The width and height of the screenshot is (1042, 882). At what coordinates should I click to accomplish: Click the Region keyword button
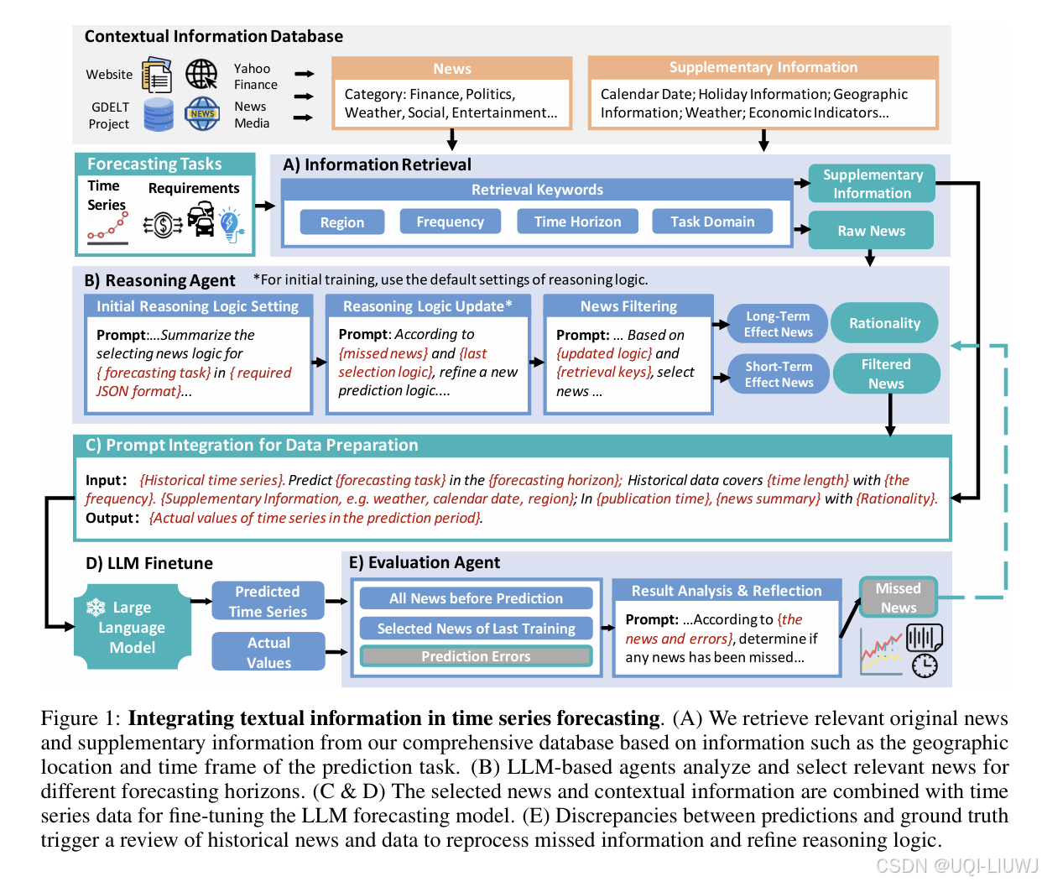(342, 222)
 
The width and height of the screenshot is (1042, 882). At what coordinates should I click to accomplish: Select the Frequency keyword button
(450, 222)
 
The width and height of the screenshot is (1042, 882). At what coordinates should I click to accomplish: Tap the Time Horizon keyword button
(577, 222)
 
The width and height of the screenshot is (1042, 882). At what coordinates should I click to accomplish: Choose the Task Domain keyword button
(712, 222)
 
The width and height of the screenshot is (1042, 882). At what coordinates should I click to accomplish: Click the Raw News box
(871, 231)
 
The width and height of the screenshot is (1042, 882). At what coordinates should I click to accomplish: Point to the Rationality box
(884, 323)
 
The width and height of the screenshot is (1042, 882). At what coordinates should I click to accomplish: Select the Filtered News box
(886, 373)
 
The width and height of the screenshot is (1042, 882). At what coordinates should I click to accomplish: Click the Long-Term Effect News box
(778, 324)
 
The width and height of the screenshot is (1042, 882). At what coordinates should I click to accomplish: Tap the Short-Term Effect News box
(779, 374)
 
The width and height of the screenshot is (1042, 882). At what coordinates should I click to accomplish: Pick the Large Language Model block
(132, 628)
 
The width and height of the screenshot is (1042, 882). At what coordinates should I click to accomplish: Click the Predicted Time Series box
(268, 602)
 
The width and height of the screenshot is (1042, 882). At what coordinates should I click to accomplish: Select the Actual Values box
(268, 652)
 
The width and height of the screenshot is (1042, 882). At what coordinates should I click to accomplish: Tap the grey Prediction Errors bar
(476, 656)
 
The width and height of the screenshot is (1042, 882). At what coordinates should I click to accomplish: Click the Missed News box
(898, 598)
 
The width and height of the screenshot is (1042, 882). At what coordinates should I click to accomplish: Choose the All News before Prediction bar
(476, 598)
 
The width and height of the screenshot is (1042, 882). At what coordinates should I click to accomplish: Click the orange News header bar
(452, 69)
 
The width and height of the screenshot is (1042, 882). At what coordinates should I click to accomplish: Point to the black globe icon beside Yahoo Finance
(201, 74)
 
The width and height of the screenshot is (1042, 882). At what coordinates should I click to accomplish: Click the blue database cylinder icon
(159, 114)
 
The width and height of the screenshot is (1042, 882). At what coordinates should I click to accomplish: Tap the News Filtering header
(628, 306)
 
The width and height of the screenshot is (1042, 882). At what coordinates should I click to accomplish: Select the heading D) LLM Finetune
(149, 563)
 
